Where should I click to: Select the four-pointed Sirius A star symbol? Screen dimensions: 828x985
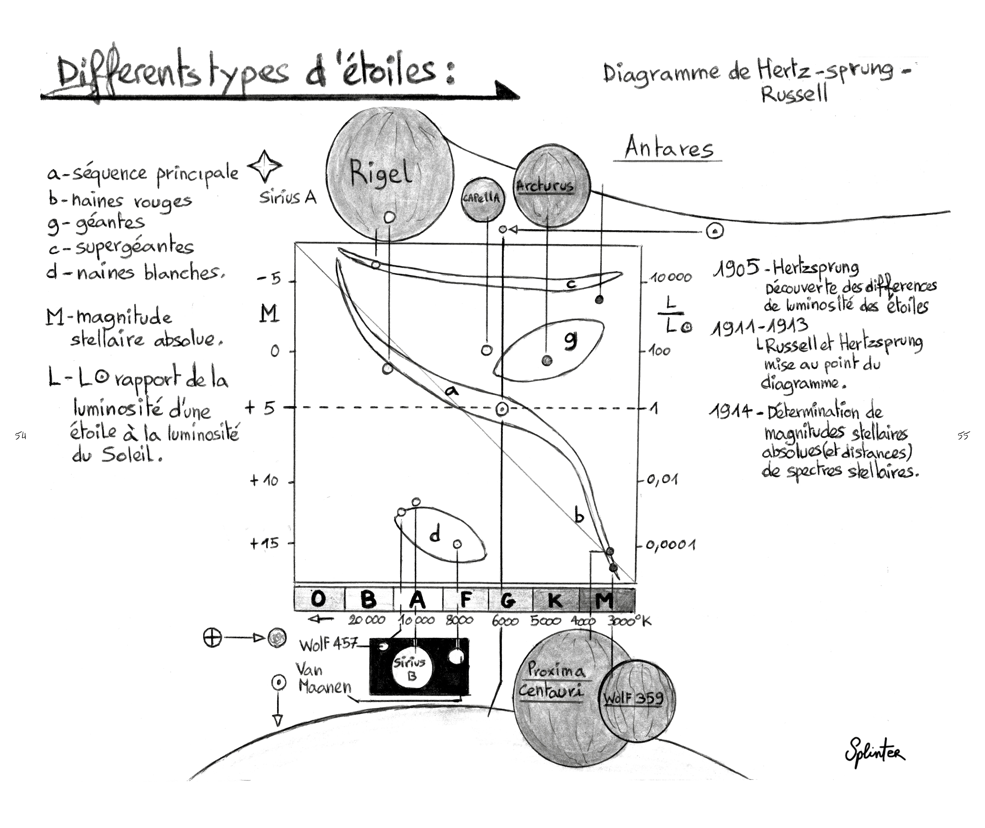(x=265, y=166)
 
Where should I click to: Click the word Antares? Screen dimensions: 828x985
(x=669, y=148)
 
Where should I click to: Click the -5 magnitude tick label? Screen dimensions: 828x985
(x=269, y=279)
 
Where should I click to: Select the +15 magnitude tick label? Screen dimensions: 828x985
(x=264, y=544)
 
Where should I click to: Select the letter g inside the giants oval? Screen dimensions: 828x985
(x=570, y=340)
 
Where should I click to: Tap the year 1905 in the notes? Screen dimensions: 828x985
(x=736, y=267)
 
